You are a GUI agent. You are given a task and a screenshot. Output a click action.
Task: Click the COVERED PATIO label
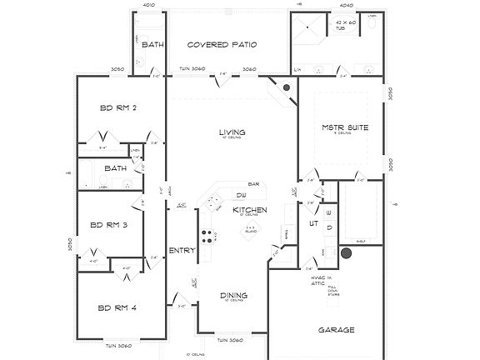click(x=221, y=44)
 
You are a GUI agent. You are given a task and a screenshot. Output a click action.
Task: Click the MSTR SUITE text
click(x=345, y=127)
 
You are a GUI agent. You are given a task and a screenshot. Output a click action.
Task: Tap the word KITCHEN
click(x=248, y=209)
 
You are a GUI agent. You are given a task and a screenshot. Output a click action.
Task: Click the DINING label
click(x=232, y=294)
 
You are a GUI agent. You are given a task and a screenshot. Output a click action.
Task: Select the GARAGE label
click(x=337, y=330)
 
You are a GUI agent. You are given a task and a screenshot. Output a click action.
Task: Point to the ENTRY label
click(x=182, y=250)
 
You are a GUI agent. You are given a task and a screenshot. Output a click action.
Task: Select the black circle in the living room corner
click(x=286, y=87)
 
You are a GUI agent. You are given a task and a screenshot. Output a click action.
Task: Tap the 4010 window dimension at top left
click(x=150, y=5)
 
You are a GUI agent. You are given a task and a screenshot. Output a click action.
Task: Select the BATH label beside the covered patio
click(x=152, y=44)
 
